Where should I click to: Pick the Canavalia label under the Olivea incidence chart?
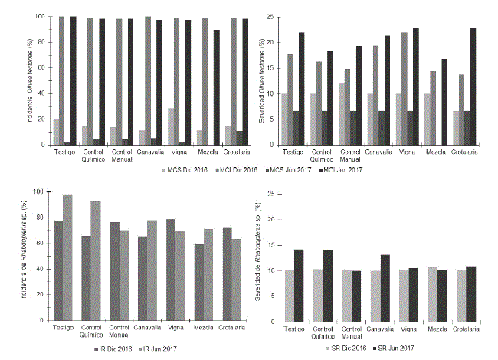point(148,152)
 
